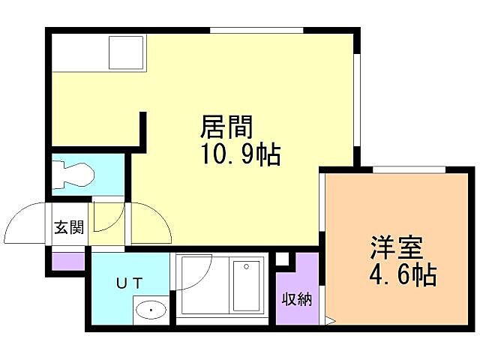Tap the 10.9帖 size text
(x=239, y=154)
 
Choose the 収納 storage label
(x=297, y=300)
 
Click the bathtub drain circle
(x=244, y=266)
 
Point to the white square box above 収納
(x=282, y=259)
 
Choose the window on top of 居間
(x=256, y=30)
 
